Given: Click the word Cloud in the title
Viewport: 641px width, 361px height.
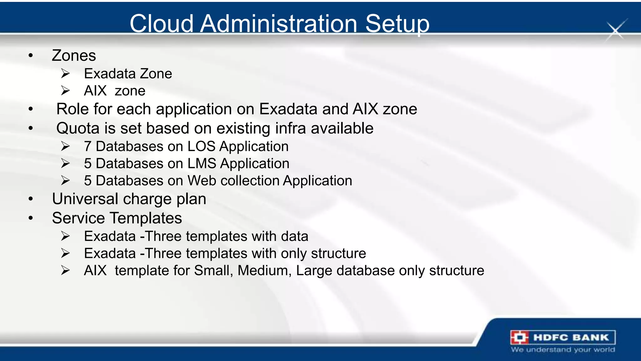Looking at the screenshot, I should click(x=162, y=24).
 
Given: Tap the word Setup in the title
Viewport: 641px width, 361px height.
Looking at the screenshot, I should click(x=397, y=24).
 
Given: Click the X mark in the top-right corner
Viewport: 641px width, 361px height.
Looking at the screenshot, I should click(x=616, y=31).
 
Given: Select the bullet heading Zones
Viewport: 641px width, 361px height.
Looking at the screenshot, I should click(x=74, y=56).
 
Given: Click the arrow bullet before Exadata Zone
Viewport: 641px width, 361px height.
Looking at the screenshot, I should click(x=65, y=74).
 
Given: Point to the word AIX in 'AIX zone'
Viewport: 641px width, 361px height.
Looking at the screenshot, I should click(x=95, y=91).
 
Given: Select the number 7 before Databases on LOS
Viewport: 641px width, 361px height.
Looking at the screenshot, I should click(x=88, y=147).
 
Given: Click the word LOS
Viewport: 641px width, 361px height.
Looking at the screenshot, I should click(x=201, y=147).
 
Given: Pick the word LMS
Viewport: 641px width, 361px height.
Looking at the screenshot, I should click(x=202, y=164).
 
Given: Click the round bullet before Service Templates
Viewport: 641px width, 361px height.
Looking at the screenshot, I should click(x=30, y=218).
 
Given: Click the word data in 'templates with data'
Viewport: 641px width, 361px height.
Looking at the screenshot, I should click(x=294, y=236).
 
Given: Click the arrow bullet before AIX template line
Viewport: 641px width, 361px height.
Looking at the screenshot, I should click(x=65, y=270).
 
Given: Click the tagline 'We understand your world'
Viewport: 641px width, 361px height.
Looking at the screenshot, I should click(x=563, y=350).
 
